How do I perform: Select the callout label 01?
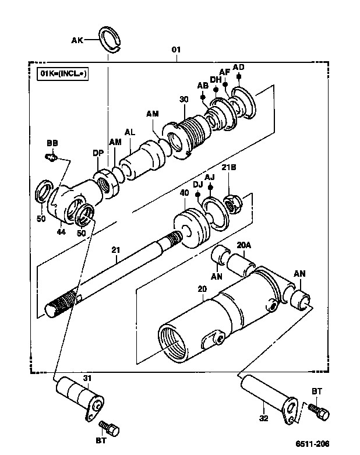(x=176, y=50)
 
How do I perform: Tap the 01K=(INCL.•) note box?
(x=63, y=74)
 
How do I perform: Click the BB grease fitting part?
(x=51, y=157)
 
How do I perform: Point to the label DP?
(x=98, y=153)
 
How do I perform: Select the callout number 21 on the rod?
(x=115, y=249)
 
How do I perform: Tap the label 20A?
(x=244, y=245)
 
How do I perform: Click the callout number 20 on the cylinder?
(x=202, y=289)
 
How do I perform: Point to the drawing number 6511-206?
(x=312, y=443)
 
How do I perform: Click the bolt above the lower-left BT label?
(x=110, y=428)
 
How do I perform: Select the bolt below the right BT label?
(x=319, y=411)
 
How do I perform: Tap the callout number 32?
(x=264, y=418)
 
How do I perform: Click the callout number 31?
(x=87, y=378)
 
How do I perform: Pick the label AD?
(x=239, y=67)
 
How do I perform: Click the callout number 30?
(x=183, y=99)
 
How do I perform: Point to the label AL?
(x=130, y=132)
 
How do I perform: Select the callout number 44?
(x=61, y=231)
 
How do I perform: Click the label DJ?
(x=198, y=185)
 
